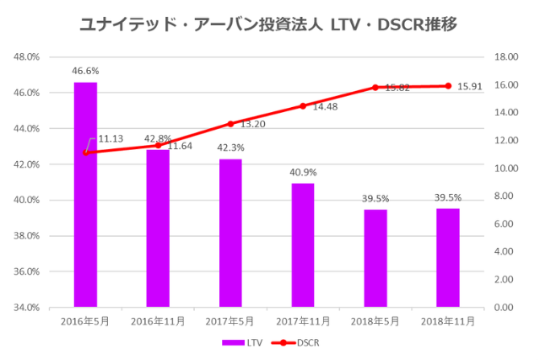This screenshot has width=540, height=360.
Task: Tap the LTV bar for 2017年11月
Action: coord(303,244)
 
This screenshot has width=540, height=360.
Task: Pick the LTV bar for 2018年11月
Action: coord(448,257)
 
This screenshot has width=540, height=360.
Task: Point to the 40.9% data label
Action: coord(303,174)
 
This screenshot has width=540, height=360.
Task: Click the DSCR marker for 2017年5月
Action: coord(230,124)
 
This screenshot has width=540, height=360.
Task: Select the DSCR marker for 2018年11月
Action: coord(448,86)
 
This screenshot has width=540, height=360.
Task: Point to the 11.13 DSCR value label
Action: coord(111,138)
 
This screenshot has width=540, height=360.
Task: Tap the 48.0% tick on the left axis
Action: coord(28,57)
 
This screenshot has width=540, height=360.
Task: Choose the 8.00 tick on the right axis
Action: coord(503,196)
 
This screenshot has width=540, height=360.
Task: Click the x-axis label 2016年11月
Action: coord(158,320)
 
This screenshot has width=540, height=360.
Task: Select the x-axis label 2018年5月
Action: coord(375,320)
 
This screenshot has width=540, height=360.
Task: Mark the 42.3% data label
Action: coord(230,149)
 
